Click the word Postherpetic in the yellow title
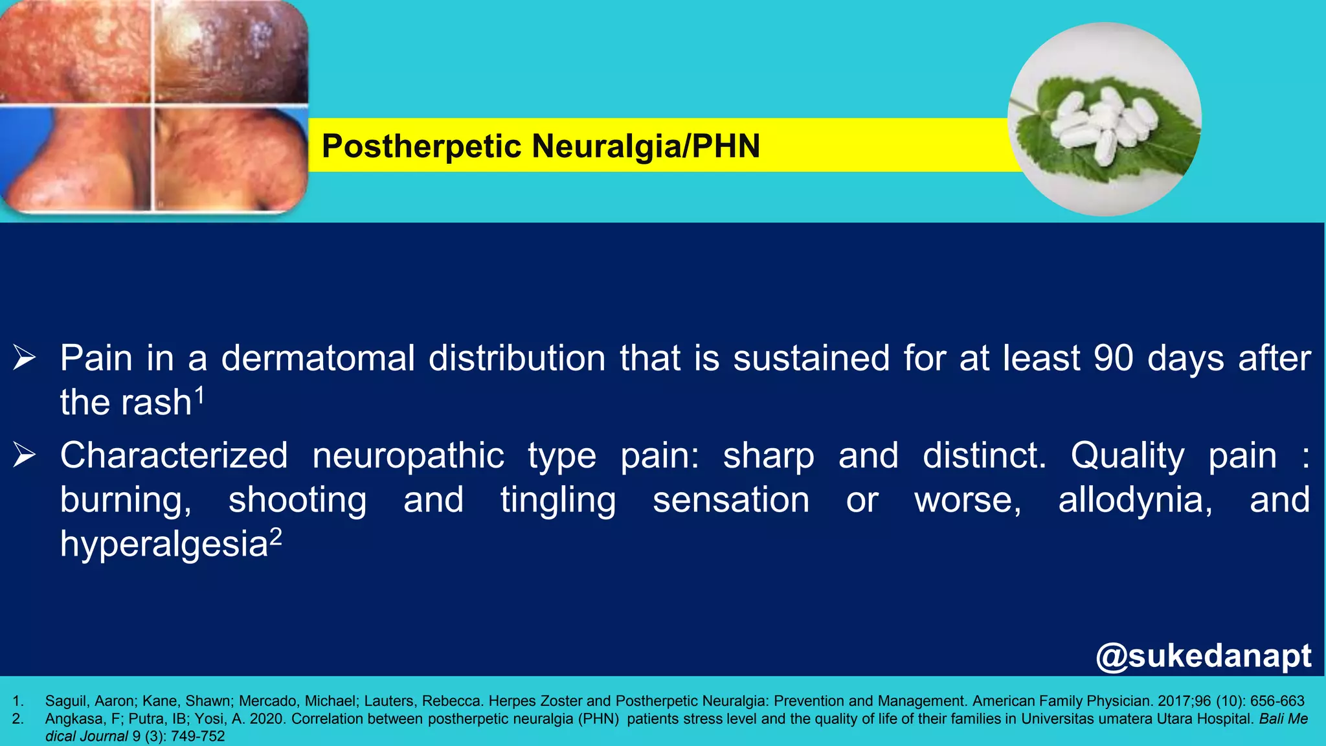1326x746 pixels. click(x=421, y=146)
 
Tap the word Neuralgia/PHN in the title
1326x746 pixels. click(x=646, y=146)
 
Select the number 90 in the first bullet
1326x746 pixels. click(x=1113, y=358)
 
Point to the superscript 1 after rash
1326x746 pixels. click(x=200, y=394)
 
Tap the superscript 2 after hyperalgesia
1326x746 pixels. click(x=276, y=536)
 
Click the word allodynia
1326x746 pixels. click(x=1135, y=500)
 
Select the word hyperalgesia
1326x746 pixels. click(x=164, y=544)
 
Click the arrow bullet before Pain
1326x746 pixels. click(x=25, y=358)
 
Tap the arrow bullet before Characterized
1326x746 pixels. click(x=25, y=455)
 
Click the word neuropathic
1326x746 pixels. click(x=408, y=456)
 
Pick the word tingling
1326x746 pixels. click(x=558, y=501)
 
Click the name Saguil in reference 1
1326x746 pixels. click(x=67, y=701)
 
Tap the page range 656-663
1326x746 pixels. click(x=1277, y=701)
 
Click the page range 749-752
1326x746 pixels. click(x=197, y=736)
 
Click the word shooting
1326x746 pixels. click(x=297, y=501)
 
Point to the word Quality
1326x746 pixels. click(x=1127, y=456)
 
